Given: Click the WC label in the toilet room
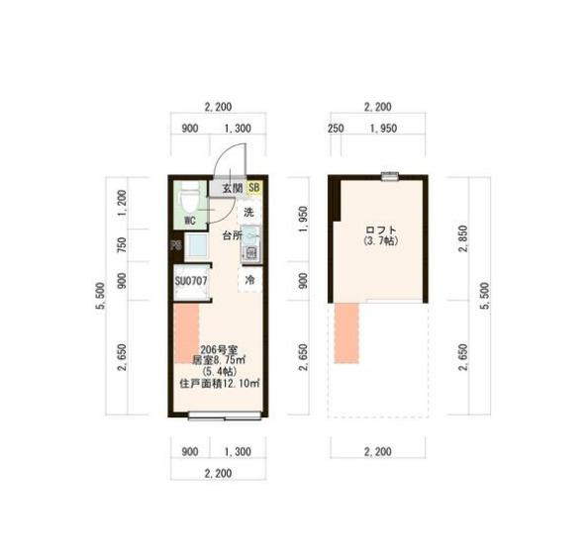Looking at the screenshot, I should tap(188, 220).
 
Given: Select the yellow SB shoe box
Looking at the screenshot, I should tap(253, 187).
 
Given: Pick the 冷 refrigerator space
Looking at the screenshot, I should tap(249, 281).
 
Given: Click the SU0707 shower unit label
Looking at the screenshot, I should tap(190, 281).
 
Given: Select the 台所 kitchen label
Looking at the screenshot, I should tap(231, 235).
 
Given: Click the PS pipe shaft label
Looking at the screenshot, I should tap(175, 246).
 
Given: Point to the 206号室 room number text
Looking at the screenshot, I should tap(218, 349).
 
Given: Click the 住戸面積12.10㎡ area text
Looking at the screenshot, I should tap(219, 383).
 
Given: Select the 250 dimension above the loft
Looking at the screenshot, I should tap(335, 129).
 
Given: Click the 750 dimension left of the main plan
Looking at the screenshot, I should tap(122, 245).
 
